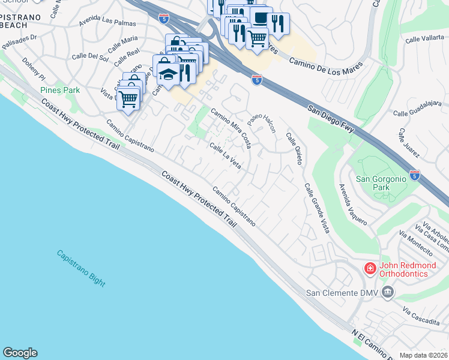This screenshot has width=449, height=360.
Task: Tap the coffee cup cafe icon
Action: (x=260, y=19)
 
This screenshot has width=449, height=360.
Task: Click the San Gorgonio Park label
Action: (x=381, y=183)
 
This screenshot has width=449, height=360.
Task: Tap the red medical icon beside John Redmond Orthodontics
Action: (x=370, y=268)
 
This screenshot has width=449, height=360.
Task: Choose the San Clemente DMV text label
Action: (x=342, y=293)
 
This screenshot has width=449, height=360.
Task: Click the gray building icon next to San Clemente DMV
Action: (x=388, y=292)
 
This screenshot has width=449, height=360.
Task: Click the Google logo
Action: (x=20, y=353)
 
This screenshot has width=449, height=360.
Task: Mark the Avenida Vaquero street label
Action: (x=353, y=204)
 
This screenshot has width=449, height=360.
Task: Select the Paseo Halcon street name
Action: (x=262, y=127)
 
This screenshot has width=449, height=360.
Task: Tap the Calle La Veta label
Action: (x=225, y=155)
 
